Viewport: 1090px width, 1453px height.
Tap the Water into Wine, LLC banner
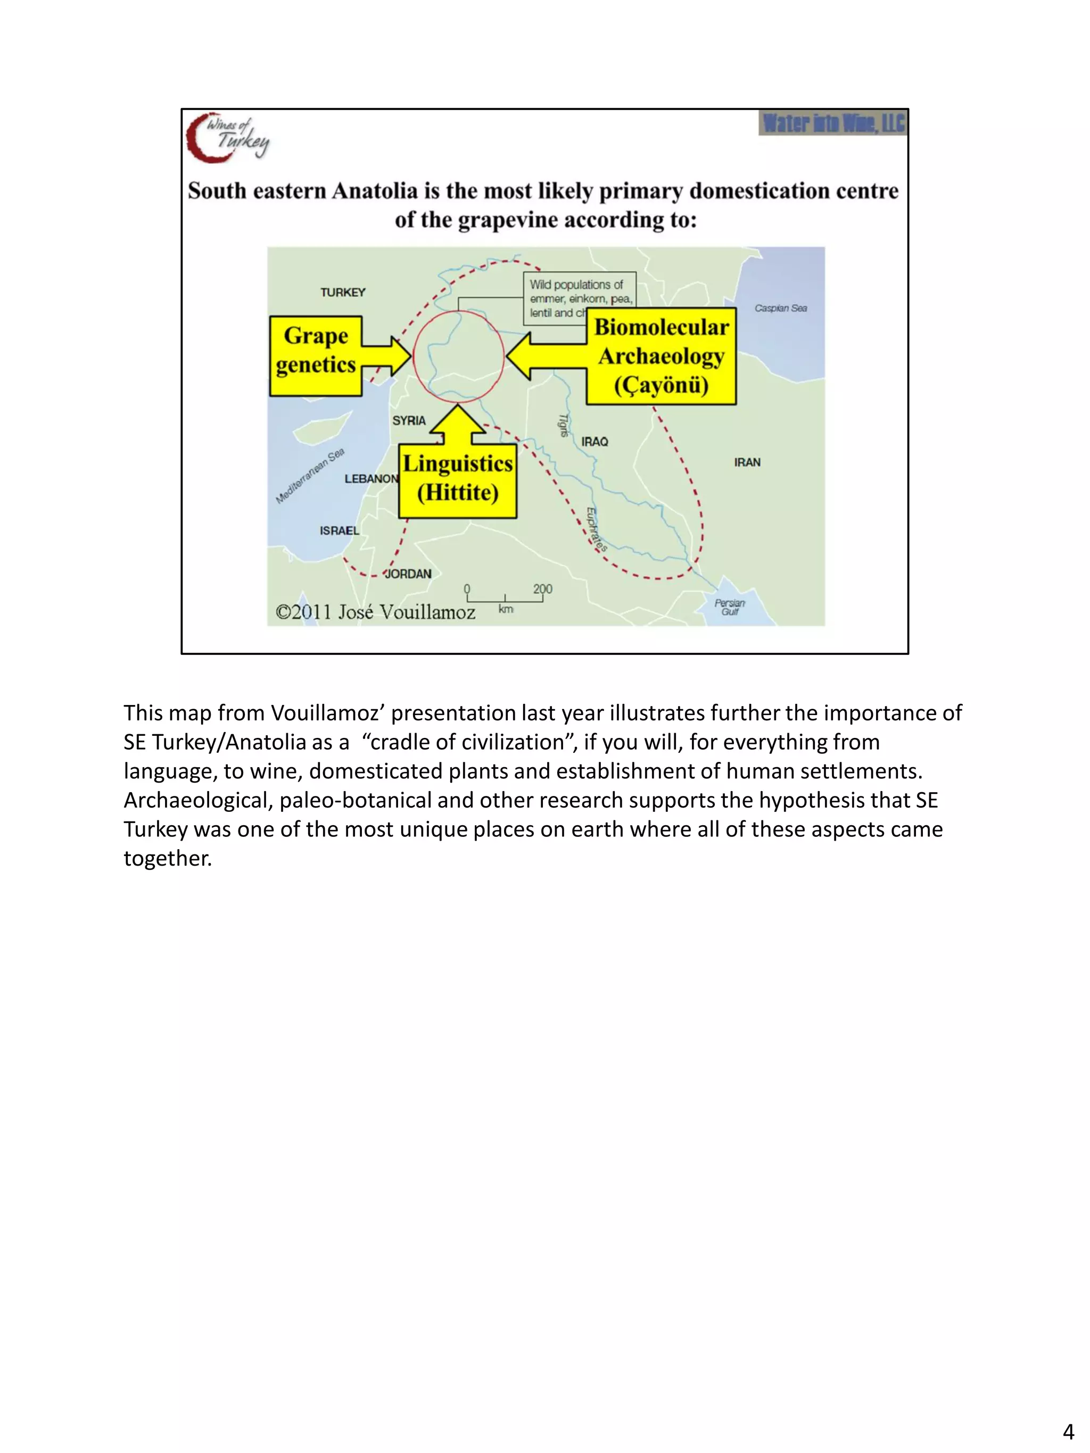(832, 123)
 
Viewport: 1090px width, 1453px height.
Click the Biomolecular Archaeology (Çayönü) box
(661, 356)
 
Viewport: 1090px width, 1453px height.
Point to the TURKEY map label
(342, 292)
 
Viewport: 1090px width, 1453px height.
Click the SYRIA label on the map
(409, 420)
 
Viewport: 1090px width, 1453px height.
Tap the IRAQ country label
(594, 442)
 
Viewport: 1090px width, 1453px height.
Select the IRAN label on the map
(747, 462)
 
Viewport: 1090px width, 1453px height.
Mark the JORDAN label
(408, 574)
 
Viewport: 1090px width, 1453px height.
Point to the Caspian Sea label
(781, 308)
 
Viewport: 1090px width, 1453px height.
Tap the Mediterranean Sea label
(309, 476)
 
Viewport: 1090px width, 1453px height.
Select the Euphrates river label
(595, 529)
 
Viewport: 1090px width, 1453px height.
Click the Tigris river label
(563, 425)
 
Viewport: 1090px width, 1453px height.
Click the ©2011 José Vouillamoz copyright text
(375, 612)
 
